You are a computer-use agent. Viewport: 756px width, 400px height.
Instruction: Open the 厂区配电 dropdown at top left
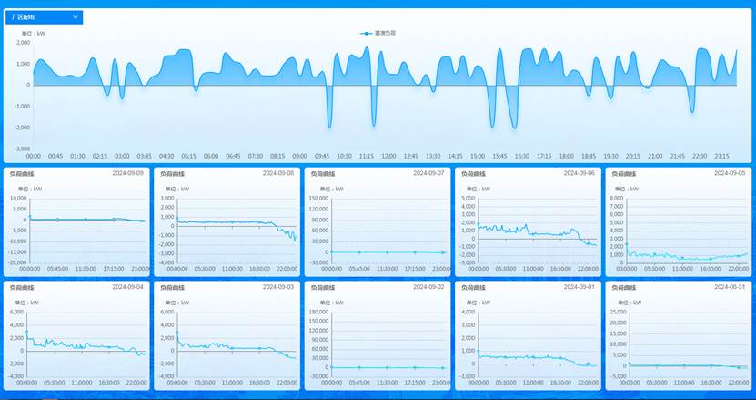[45, 17]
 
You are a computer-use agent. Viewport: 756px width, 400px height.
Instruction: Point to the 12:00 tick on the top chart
[388, 156]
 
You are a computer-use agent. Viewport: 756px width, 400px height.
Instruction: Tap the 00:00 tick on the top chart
[34, 156]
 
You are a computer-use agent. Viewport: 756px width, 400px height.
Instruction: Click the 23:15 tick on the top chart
[722, 156]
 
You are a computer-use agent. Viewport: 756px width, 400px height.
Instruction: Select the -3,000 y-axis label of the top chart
[23, 147]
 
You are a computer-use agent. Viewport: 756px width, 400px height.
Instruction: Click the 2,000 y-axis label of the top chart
[23, 44]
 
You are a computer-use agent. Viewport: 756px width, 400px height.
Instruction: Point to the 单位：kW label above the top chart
[34, 33]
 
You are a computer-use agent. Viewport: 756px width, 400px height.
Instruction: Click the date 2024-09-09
[127, 172]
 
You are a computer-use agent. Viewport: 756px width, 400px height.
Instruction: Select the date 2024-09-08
[278, 172]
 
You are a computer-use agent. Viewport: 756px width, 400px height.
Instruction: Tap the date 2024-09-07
[428, 172]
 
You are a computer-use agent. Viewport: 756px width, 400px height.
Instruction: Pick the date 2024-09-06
[579, 172]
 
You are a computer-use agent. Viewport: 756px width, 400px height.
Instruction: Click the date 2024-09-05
[730, 172]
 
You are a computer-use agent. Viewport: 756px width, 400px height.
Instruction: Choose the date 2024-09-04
[127, 286]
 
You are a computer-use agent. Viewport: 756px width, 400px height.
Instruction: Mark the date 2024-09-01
[579, 286]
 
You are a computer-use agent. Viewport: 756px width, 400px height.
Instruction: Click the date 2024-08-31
[730, 286]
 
